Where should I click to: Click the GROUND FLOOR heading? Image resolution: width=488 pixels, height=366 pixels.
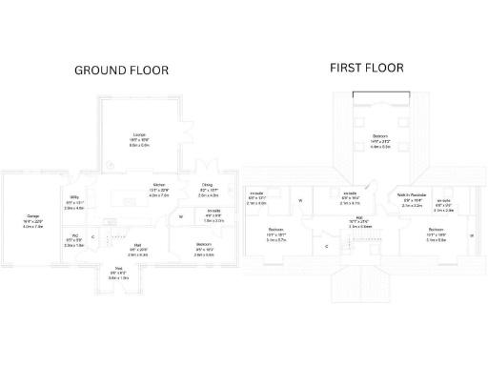121,71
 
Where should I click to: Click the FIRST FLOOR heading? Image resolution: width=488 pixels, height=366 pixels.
366,68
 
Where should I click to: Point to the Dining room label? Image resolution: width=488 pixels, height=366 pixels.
207,190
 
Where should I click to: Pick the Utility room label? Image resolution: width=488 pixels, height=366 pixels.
74,202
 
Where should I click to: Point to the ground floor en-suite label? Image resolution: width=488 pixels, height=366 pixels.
213,215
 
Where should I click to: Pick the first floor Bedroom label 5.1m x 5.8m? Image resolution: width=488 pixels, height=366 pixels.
436,234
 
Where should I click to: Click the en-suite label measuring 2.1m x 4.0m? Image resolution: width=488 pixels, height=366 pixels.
256,198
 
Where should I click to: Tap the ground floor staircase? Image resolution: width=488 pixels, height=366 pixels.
116,234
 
